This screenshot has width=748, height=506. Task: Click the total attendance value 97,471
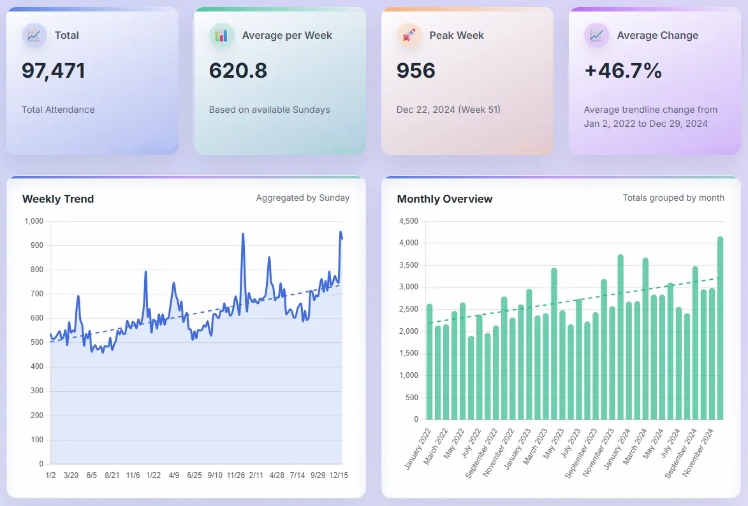point(54,70)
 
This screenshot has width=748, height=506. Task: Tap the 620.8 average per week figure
point(238,70)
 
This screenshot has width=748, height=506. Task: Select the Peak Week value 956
point(416,70)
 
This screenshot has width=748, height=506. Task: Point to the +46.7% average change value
point(623,70)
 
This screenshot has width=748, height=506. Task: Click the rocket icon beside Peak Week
point(409,36)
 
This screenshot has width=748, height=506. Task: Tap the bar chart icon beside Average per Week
point(221,36)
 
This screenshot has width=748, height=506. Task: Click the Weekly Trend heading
point(58,199)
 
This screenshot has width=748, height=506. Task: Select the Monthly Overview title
point(444,199)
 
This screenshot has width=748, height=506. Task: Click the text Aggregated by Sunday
point(302,198)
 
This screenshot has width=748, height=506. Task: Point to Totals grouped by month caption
point(673,198)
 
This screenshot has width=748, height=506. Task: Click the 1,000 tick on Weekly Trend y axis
point(34,222)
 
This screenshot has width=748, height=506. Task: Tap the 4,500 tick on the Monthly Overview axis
point(407,222)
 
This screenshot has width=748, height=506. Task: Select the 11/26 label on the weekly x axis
point(236,475)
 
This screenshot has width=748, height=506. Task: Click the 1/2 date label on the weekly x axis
point(50,475)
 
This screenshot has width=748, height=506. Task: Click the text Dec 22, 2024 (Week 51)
point(448,110)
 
